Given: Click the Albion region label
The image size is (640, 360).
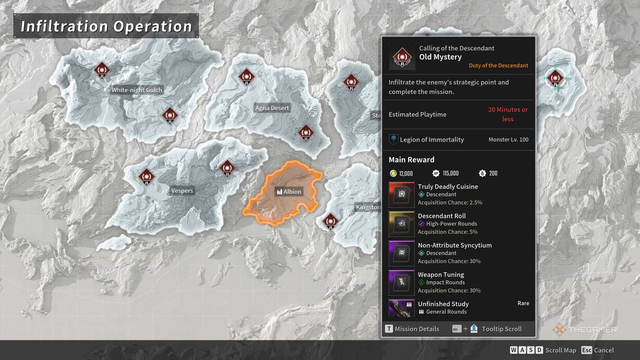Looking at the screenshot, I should pyautogui.click(x=289, y=192).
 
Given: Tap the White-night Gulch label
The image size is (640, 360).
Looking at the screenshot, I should pyautogui.click(x=137, y=90).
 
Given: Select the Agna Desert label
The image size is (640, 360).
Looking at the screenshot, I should pyautogui.click(x=272, y=108).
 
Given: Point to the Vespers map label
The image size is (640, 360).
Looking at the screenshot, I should pyautogui.click(x=182, y=190).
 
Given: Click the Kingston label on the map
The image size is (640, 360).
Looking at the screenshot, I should pyautogui.click(x=368, y=207).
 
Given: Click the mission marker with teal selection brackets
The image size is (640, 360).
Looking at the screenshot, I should pyautogui.click(x=555, y=78).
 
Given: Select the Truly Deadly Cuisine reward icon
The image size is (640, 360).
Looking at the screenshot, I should pyautogui.click(x=401, y=194).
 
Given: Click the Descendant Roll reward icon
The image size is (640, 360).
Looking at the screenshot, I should pyautogui.click(x=401, y=224).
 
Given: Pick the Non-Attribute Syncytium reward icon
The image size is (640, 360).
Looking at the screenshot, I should pyautogui.click(x=401, y=253).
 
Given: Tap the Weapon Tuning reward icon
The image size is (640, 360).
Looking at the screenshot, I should pyautogui.click(x=401, y=282).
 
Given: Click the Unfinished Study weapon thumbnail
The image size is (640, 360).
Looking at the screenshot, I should pyautogui.click(x=401, y=308).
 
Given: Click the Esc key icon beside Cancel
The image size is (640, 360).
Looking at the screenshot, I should pyautogui.click(x=586, y=350).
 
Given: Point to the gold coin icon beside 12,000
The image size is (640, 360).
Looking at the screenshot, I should pyautogui.click(x=393, y=173).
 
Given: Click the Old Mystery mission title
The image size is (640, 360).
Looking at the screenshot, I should pyautogui.click(x=440, y=57).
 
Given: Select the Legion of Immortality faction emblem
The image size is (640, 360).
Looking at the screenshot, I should pyautogui.click(x=393, y=139).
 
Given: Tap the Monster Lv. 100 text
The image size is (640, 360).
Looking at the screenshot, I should pyautogui.click(x=508, y=140).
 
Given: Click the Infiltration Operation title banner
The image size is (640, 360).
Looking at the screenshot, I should pyautogui.click(x=106, y=26).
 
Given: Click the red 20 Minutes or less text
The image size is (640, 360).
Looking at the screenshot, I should pyautogui.click(x=508, y=114).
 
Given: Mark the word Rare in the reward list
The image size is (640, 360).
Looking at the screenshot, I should pyautogui.click(x=523, y=303).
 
